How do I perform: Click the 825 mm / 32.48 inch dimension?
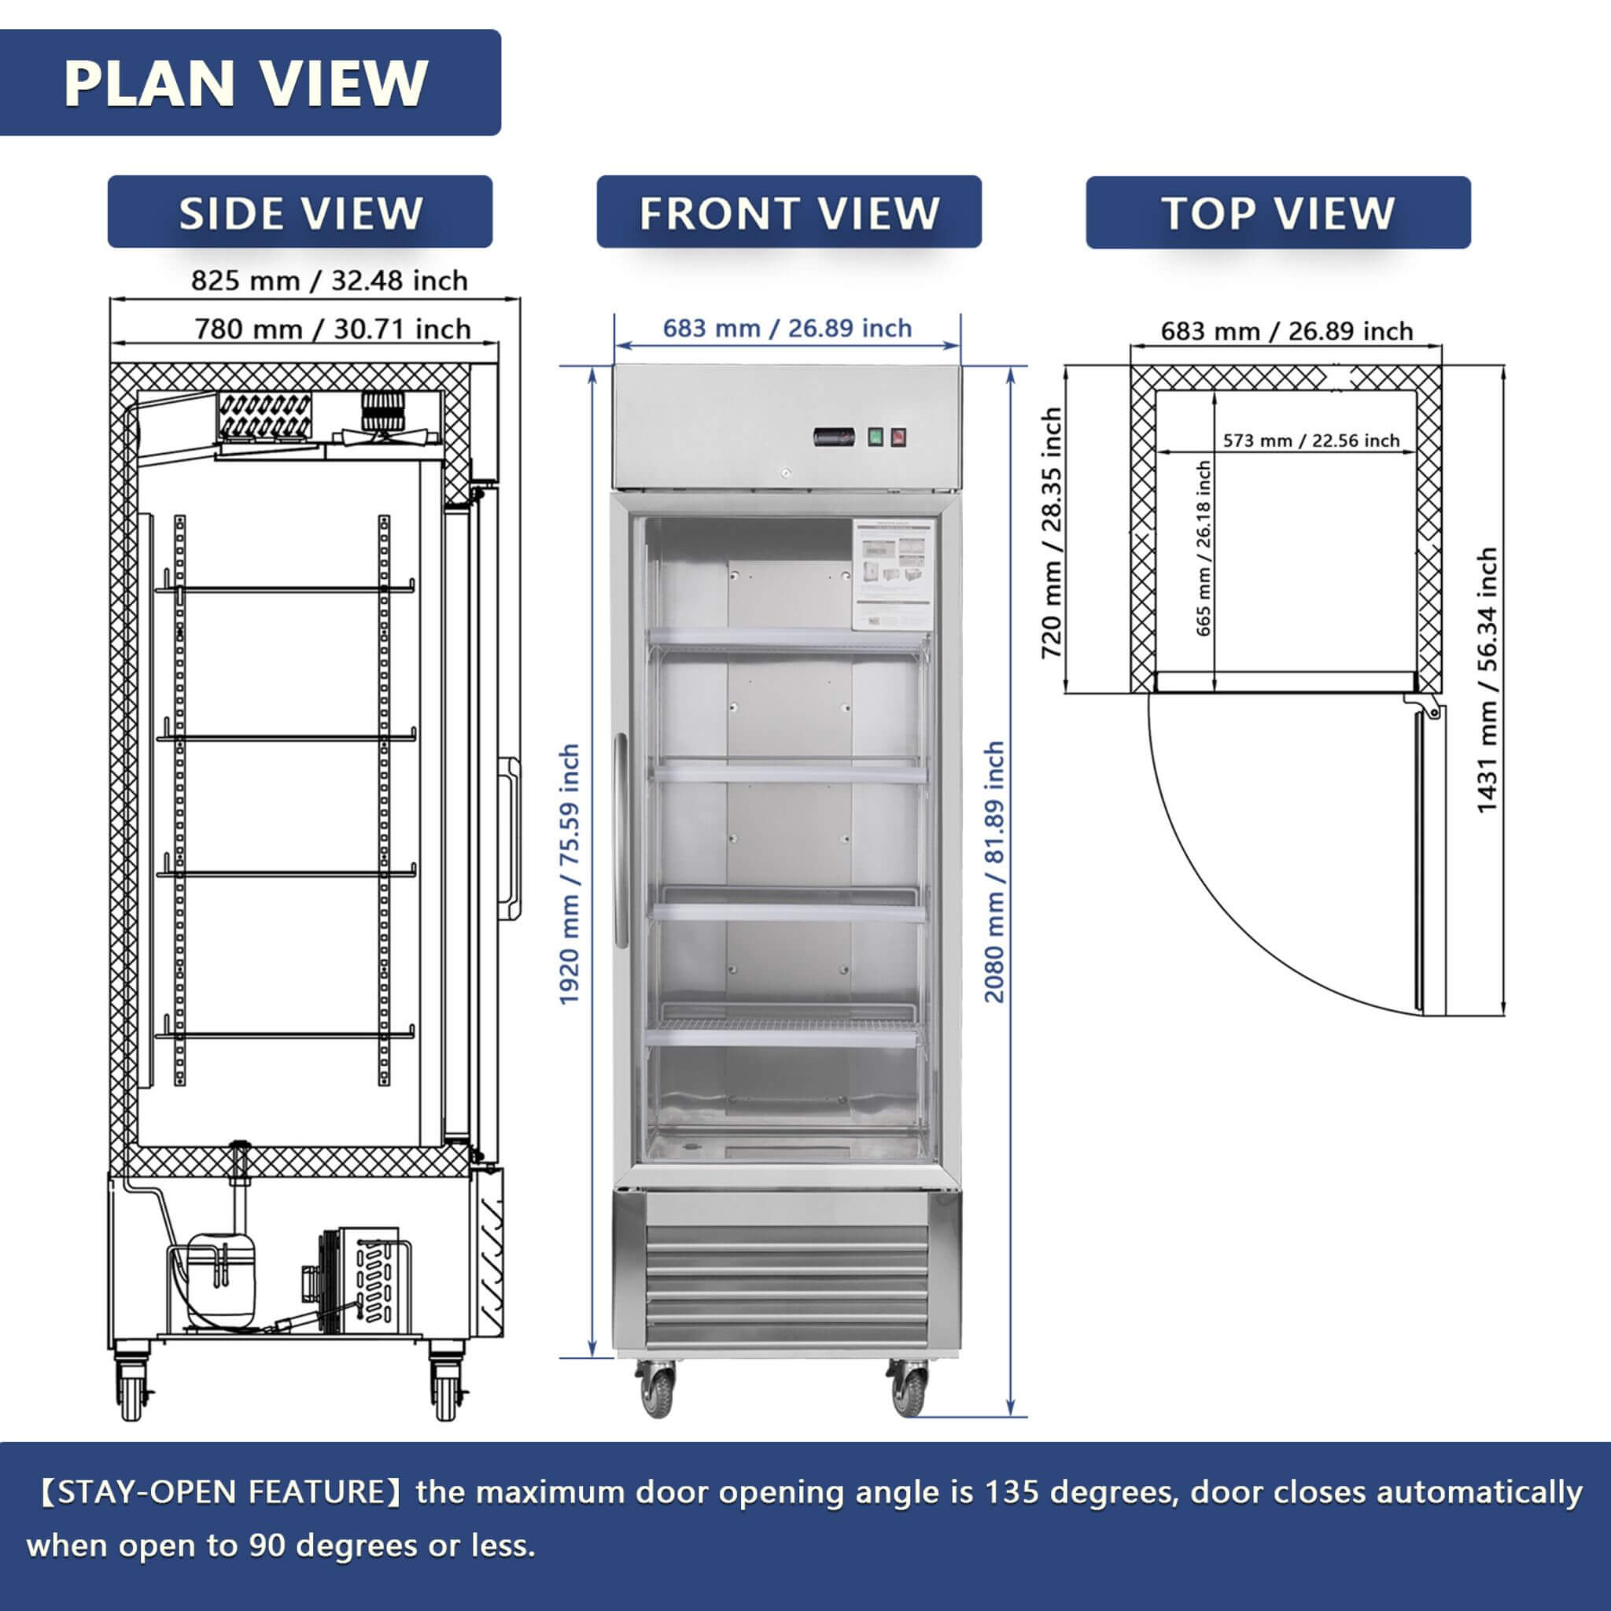(329, 280)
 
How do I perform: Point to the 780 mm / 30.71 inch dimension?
(332, 329)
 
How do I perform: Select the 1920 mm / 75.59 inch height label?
(569, 874)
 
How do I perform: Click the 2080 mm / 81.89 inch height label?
(994, 872)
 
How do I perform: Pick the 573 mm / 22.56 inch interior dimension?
(1311, 441)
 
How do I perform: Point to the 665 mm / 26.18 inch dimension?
(1203, 547)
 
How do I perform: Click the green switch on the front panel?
(875, 436)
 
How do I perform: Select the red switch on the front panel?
(898, 436)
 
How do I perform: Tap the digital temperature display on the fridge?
(834, 436)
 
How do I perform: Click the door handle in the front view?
(621, 839)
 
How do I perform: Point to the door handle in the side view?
(510, 839)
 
